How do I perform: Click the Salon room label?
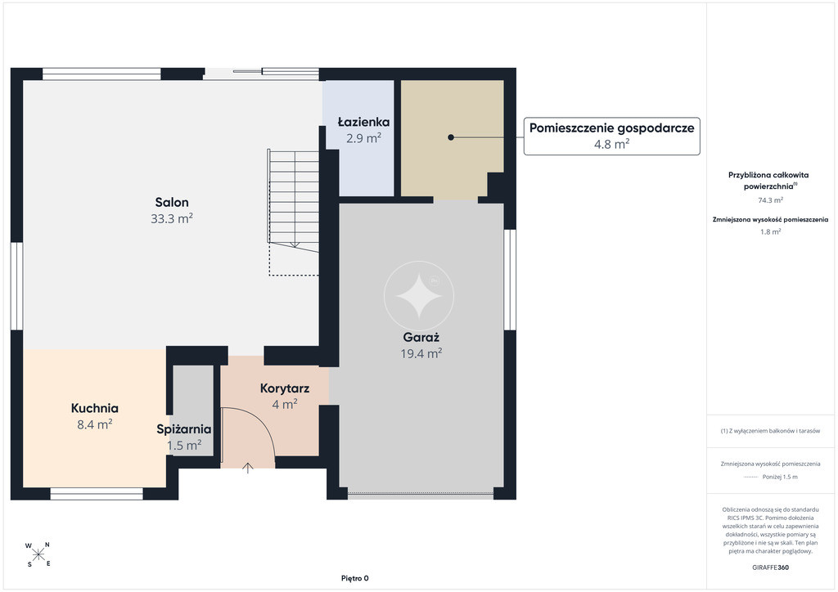point(172,202)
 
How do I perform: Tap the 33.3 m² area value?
point(172,218)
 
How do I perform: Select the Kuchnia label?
point(95,408)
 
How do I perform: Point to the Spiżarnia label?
point(184,429)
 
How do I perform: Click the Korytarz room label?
point(284,388)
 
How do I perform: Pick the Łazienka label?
point(363,122)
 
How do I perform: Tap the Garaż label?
point(421,338)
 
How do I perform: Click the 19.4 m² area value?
point(421,353)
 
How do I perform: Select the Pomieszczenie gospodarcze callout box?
point(611,136)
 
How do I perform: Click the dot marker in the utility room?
point(451,137)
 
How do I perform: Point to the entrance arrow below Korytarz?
point(247,468)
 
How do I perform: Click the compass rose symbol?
point(38,554)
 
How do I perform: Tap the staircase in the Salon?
point(294,213)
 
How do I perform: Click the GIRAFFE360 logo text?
point(770,567)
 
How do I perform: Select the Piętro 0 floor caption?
point(355,578)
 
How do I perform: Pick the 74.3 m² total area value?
point(770,200)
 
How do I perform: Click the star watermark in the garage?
point(419,295)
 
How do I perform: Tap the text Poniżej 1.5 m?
point(780,477)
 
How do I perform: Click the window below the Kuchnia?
point(97,494)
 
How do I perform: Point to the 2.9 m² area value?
point(363,138)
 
